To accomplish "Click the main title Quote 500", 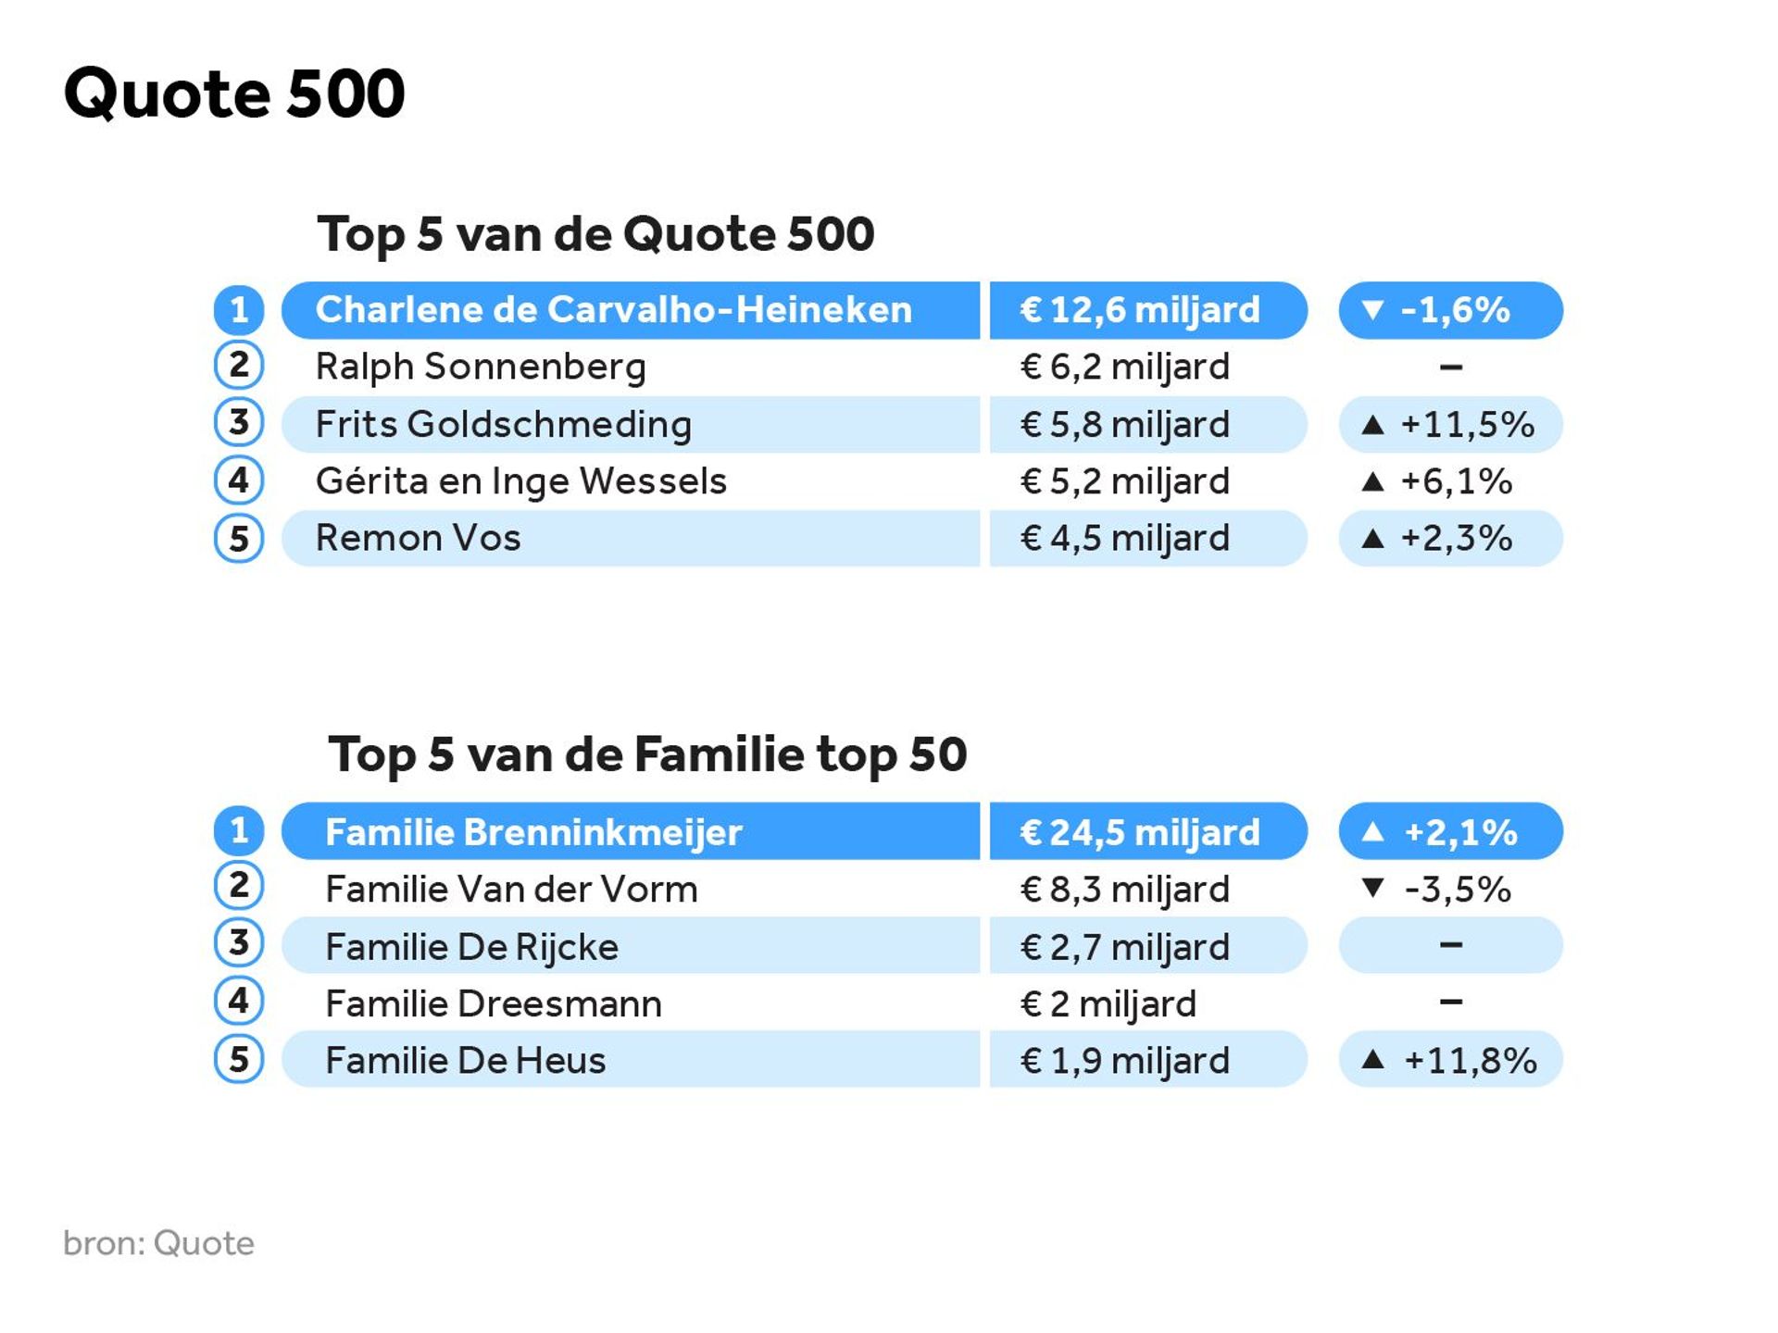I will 234,93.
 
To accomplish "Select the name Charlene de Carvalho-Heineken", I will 613,310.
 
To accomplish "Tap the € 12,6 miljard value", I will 1139,310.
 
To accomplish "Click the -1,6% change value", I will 1455,310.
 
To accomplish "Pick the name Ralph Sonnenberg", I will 481,367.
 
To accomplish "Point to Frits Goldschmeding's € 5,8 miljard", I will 1124,424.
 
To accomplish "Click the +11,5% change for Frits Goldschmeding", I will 1467,424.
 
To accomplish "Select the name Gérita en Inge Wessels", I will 520,481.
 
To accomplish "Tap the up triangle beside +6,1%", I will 1373,481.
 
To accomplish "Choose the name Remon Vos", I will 418,538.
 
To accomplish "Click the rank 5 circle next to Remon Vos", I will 239,539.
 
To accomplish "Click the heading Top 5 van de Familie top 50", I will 647,754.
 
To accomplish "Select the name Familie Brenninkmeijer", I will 533,831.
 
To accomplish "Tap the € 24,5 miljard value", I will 1139,831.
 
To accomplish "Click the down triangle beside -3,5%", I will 1373,889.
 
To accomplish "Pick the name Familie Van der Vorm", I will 511,889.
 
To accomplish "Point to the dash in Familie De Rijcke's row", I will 1451,945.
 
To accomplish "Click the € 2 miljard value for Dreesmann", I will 1108,1003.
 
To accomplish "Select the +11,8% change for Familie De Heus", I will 1470,1060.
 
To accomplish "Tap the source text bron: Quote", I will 158,1243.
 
